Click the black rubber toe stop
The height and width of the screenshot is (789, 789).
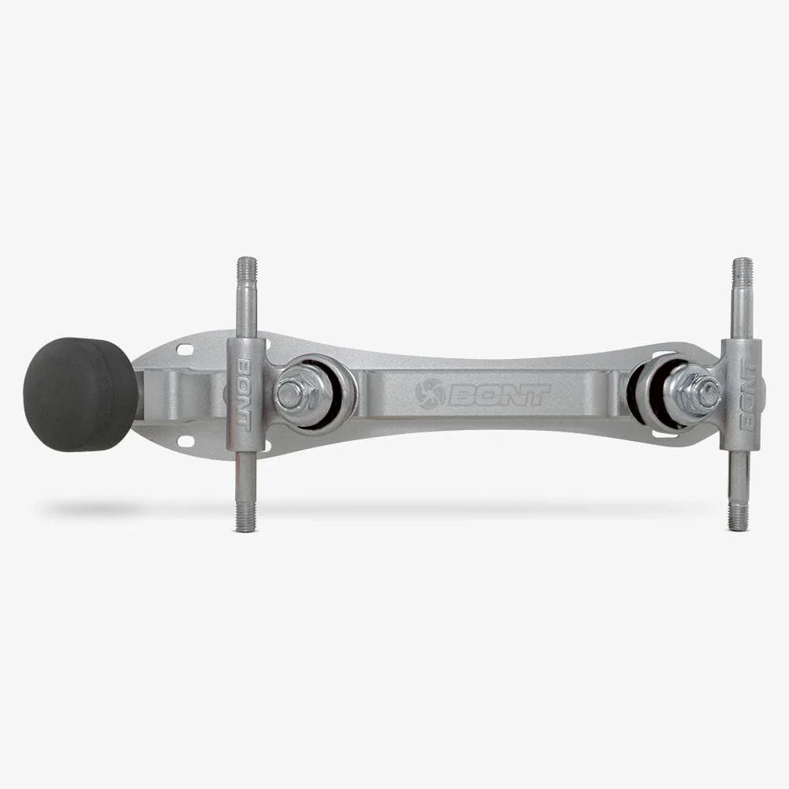click(x=80, y=394)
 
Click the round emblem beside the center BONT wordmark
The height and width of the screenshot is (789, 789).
click(x=428, y=394)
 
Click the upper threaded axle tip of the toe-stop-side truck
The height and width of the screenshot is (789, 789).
click(x=246, y=265)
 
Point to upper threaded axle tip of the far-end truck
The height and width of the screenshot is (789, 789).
click(x=742, y=266)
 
